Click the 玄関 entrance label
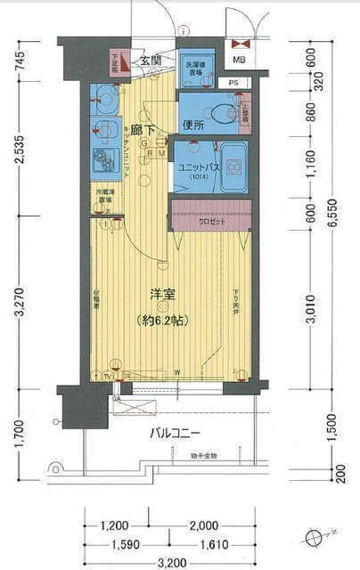coord(151,60)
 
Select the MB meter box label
coord(239,60)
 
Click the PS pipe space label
coord(233,84)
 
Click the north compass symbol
coord(312,537)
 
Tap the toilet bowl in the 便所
coord(224,113)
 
